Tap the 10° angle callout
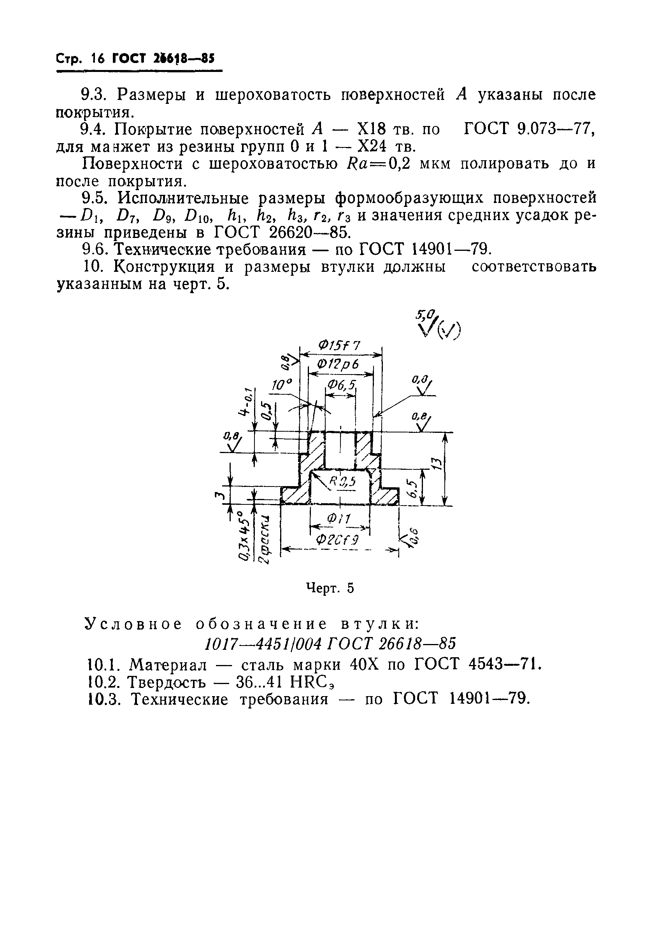pos(282,385)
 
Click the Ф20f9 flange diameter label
pos(337,540)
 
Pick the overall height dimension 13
pos(435,463)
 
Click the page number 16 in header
pos(98,59)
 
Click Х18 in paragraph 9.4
pos(371,129)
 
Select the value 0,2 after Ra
pos(400,164)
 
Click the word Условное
pos(134,624)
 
